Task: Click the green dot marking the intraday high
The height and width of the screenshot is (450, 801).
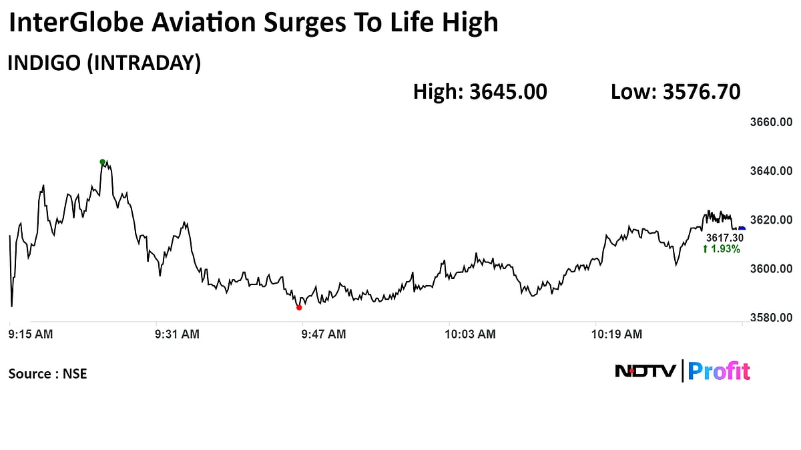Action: pyautogui.click(x=102, y=162)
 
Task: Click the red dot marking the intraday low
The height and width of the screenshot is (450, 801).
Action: pyautogui.click(x=299, y=307)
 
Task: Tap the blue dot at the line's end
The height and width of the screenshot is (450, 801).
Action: pyautogui.click(x=742, y=229)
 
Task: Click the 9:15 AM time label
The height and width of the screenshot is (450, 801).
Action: pyautogui.click(x=31, y=334)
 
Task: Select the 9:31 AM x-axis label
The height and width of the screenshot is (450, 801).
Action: pyautogui.click(x=176, y=334)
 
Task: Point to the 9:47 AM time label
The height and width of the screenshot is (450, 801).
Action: pyautogui.click(x=323, y=334)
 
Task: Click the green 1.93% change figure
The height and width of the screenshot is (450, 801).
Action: pyautogui.click(x=721, y=249)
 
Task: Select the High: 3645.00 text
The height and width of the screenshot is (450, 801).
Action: pyautogui.click(x=480, y=92)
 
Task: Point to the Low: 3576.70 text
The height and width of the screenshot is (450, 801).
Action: pyautogui.click(x=675, y=92)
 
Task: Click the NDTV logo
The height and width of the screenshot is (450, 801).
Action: pyautogui.click(x=645, y=371)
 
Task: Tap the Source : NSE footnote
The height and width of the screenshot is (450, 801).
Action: pyautogui.click(x=47, y=374)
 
